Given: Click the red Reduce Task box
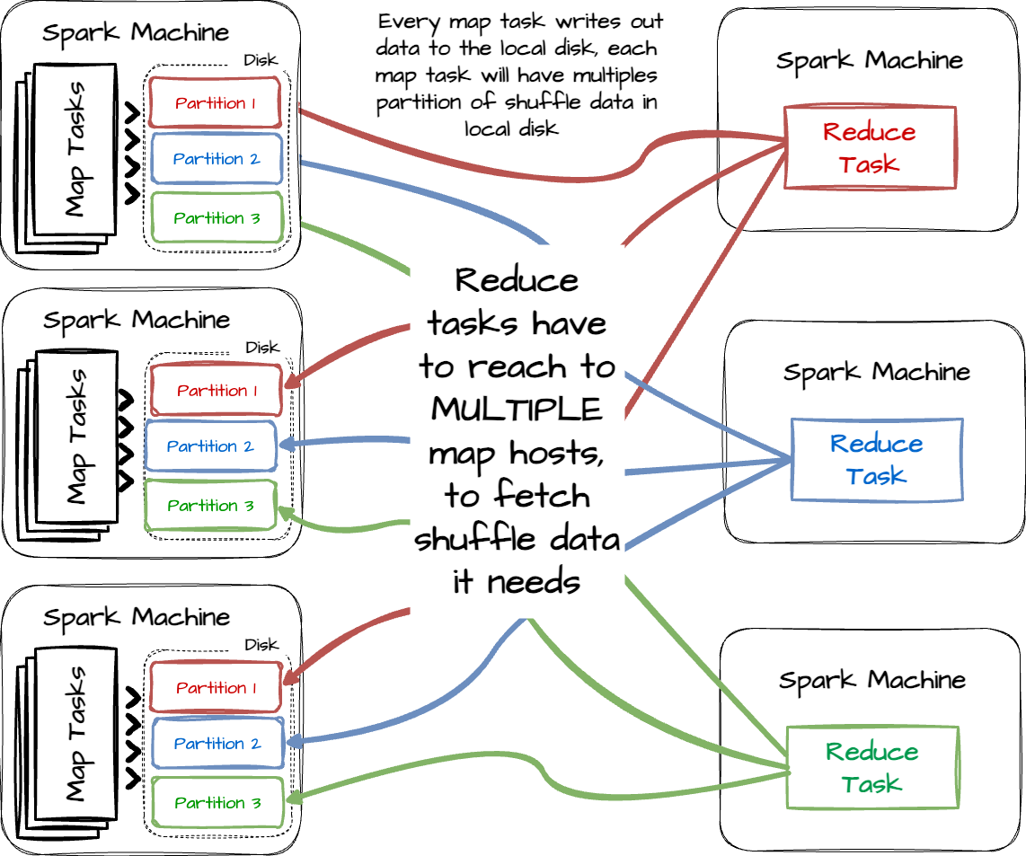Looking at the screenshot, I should [x=869, y=147].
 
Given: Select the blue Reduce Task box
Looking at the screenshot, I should [x=876, y=459].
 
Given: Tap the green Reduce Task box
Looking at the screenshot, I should [x=871, y=767].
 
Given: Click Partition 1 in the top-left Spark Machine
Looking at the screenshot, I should [x=217, y=102].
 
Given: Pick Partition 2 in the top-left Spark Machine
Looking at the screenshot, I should [x=217, y=159].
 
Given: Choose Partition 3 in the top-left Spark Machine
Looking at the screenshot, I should [x=217, y=217].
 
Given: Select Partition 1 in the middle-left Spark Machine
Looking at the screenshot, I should [x=217, y=391].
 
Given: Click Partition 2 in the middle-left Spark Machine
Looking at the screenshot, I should [x=210, y=446].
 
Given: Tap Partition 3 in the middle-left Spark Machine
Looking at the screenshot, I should [x=210, y=506].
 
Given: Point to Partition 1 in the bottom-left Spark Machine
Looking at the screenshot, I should [x=217, y=688].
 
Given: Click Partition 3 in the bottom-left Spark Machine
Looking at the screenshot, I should [x=217, y=803].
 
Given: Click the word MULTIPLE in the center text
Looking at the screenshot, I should [x=516, y=410].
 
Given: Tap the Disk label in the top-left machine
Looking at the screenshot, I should [x=261, y=61].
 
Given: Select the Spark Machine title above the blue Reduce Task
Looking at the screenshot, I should [x=876, y=372].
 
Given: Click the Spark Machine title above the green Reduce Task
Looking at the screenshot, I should [x=871, y=680].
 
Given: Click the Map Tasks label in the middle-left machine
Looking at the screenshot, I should [x=76, y=436].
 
